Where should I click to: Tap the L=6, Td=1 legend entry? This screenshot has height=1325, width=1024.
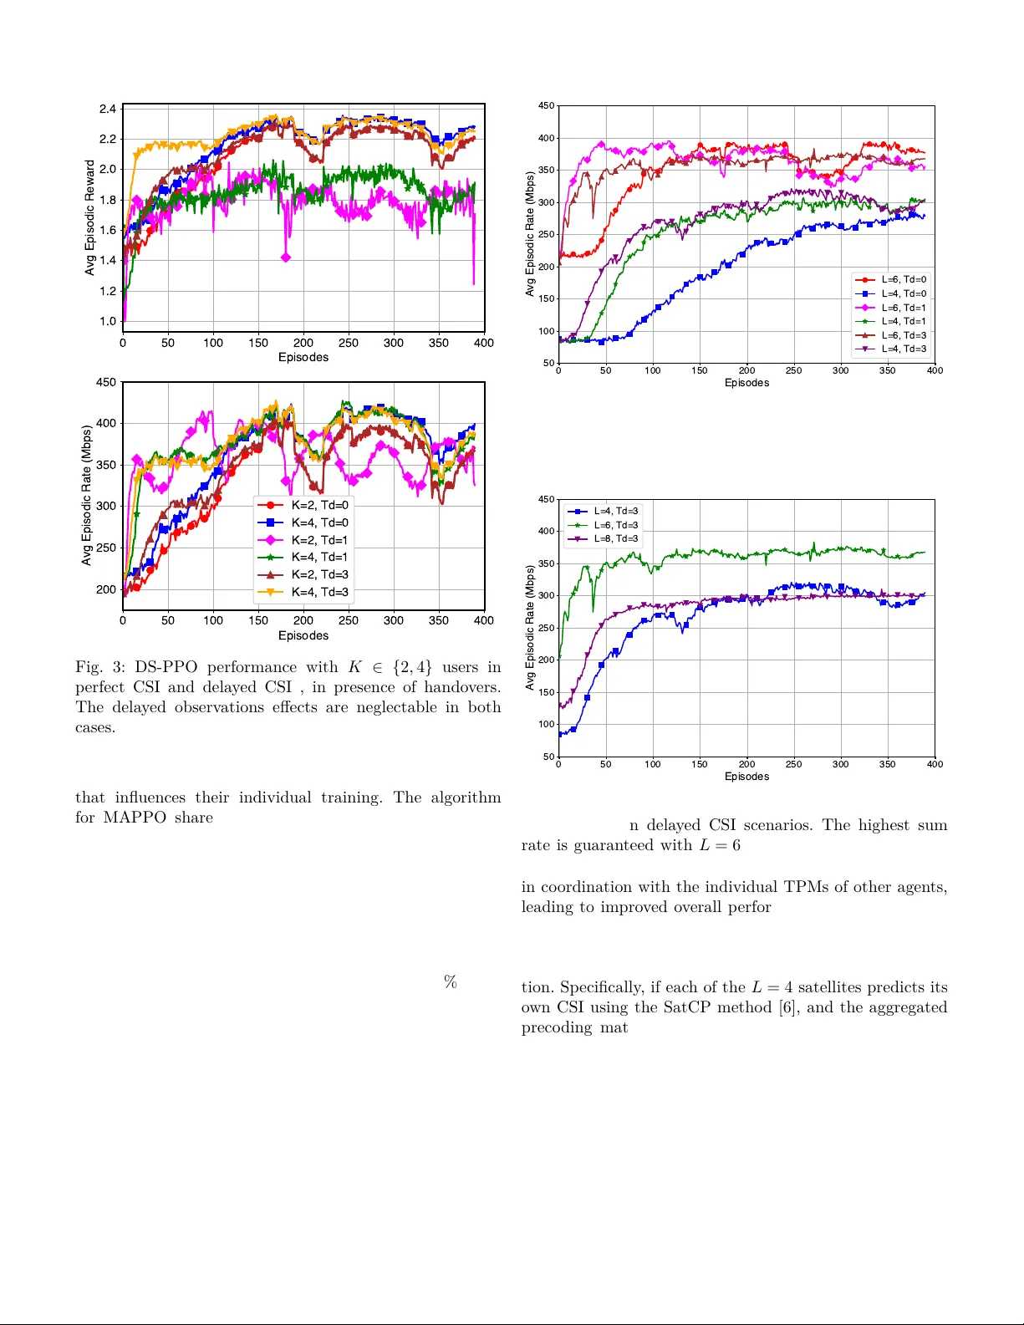point(903,308)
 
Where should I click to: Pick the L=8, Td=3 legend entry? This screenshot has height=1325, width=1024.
point(615,538)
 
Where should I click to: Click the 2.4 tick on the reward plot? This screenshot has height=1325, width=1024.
point(108,109)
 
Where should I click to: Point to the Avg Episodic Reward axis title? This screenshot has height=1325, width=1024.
point(90,217)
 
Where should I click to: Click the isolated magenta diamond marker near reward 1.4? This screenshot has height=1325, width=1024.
point(286,257)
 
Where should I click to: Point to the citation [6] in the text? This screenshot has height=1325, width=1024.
point(787,1007)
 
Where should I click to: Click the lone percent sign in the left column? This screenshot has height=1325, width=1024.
point(451,981)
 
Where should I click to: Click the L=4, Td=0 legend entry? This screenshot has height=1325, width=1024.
point(903,293)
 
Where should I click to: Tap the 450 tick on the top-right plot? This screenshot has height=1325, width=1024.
point(546,106)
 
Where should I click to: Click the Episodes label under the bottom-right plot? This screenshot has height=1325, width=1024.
point(746,777)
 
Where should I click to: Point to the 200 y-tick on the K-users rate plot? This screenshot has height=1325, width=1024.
point(106,589)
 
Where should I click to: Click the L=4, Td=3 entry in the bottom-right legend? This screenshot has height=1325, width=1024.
point(615,511)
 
